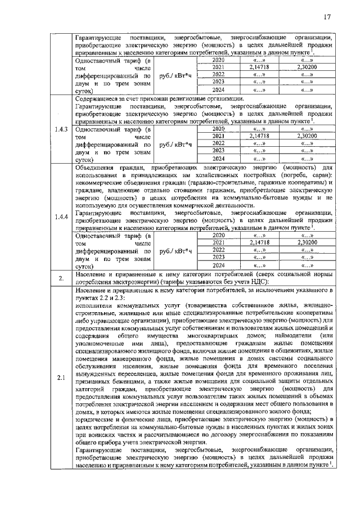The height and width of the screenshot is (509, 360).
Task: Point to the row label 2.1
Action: (x=61, y=377)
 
